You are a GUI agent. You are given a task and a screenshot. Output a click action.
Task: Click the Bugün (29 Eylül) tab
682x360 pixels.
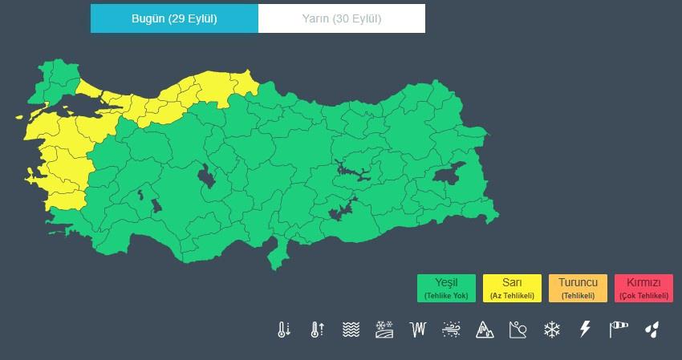click(x=174, y=19)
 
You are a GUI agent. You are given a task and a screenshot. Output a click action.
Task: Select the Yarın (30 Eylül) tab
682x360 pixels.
click(x=342, y=19)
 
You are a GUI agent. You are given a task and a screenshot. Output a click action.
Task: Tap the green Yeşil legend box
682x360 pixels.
click(x=446, y=288)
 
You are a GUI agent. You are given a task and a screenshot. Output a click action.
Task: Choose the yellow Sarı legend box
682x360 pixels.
click(x=512, y=288)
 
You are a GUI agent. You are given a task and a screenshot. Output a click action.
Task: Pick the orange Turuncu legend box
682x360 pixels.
click(x=578, y=288)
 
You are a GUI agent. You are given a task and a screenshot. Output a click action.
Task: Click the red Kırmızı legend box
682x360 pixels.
click(x=643, y=288)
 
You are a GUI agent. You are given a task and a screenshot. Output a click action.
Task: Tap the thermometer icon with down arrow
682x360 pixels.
click(x=283, y=330)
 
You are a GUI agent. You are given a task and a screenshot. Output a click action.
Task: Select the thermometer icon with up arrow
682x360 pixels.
click(x=317, y=330)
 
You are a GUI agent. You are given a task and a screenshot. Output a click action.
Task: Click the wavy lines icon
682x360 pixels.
click(x=351, y=330)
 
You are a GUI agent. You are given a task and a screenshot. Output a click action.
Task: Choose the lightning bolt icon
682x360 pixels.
click(x=585, y=330)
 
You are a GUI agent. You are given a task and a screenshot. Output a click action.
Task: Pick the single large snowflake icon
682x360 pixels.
click(x=552, y=330)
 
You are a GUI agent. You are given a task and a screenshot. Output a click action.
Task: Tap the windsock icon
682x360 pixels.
click(x=619, y=330)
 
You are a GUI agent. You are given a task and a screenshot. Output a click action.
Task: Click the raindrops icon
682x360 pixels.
click(x=652, y=330)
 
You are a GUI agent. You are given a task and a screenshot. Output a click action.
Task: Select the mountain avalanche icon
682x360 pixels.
click(x=485, y=330)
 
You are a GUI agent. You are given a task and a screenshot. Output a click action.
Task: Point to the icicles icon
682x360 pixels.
click(x=417, y=330)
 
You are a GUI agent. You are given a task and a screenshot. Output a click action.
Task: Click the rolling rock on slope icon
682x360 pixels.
click(x=518, y=330)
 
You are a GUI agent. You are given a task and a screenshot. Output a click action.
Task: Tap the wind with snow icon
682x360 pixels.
click(x=451, y=330)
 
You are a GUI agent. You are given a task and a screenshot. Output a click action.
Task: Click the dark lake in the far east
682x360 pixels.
click(x=448, y=173)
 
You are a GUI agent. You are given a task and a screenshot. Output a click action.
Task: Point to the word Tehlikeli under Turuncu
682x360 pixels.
click(x=578, y=296)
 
